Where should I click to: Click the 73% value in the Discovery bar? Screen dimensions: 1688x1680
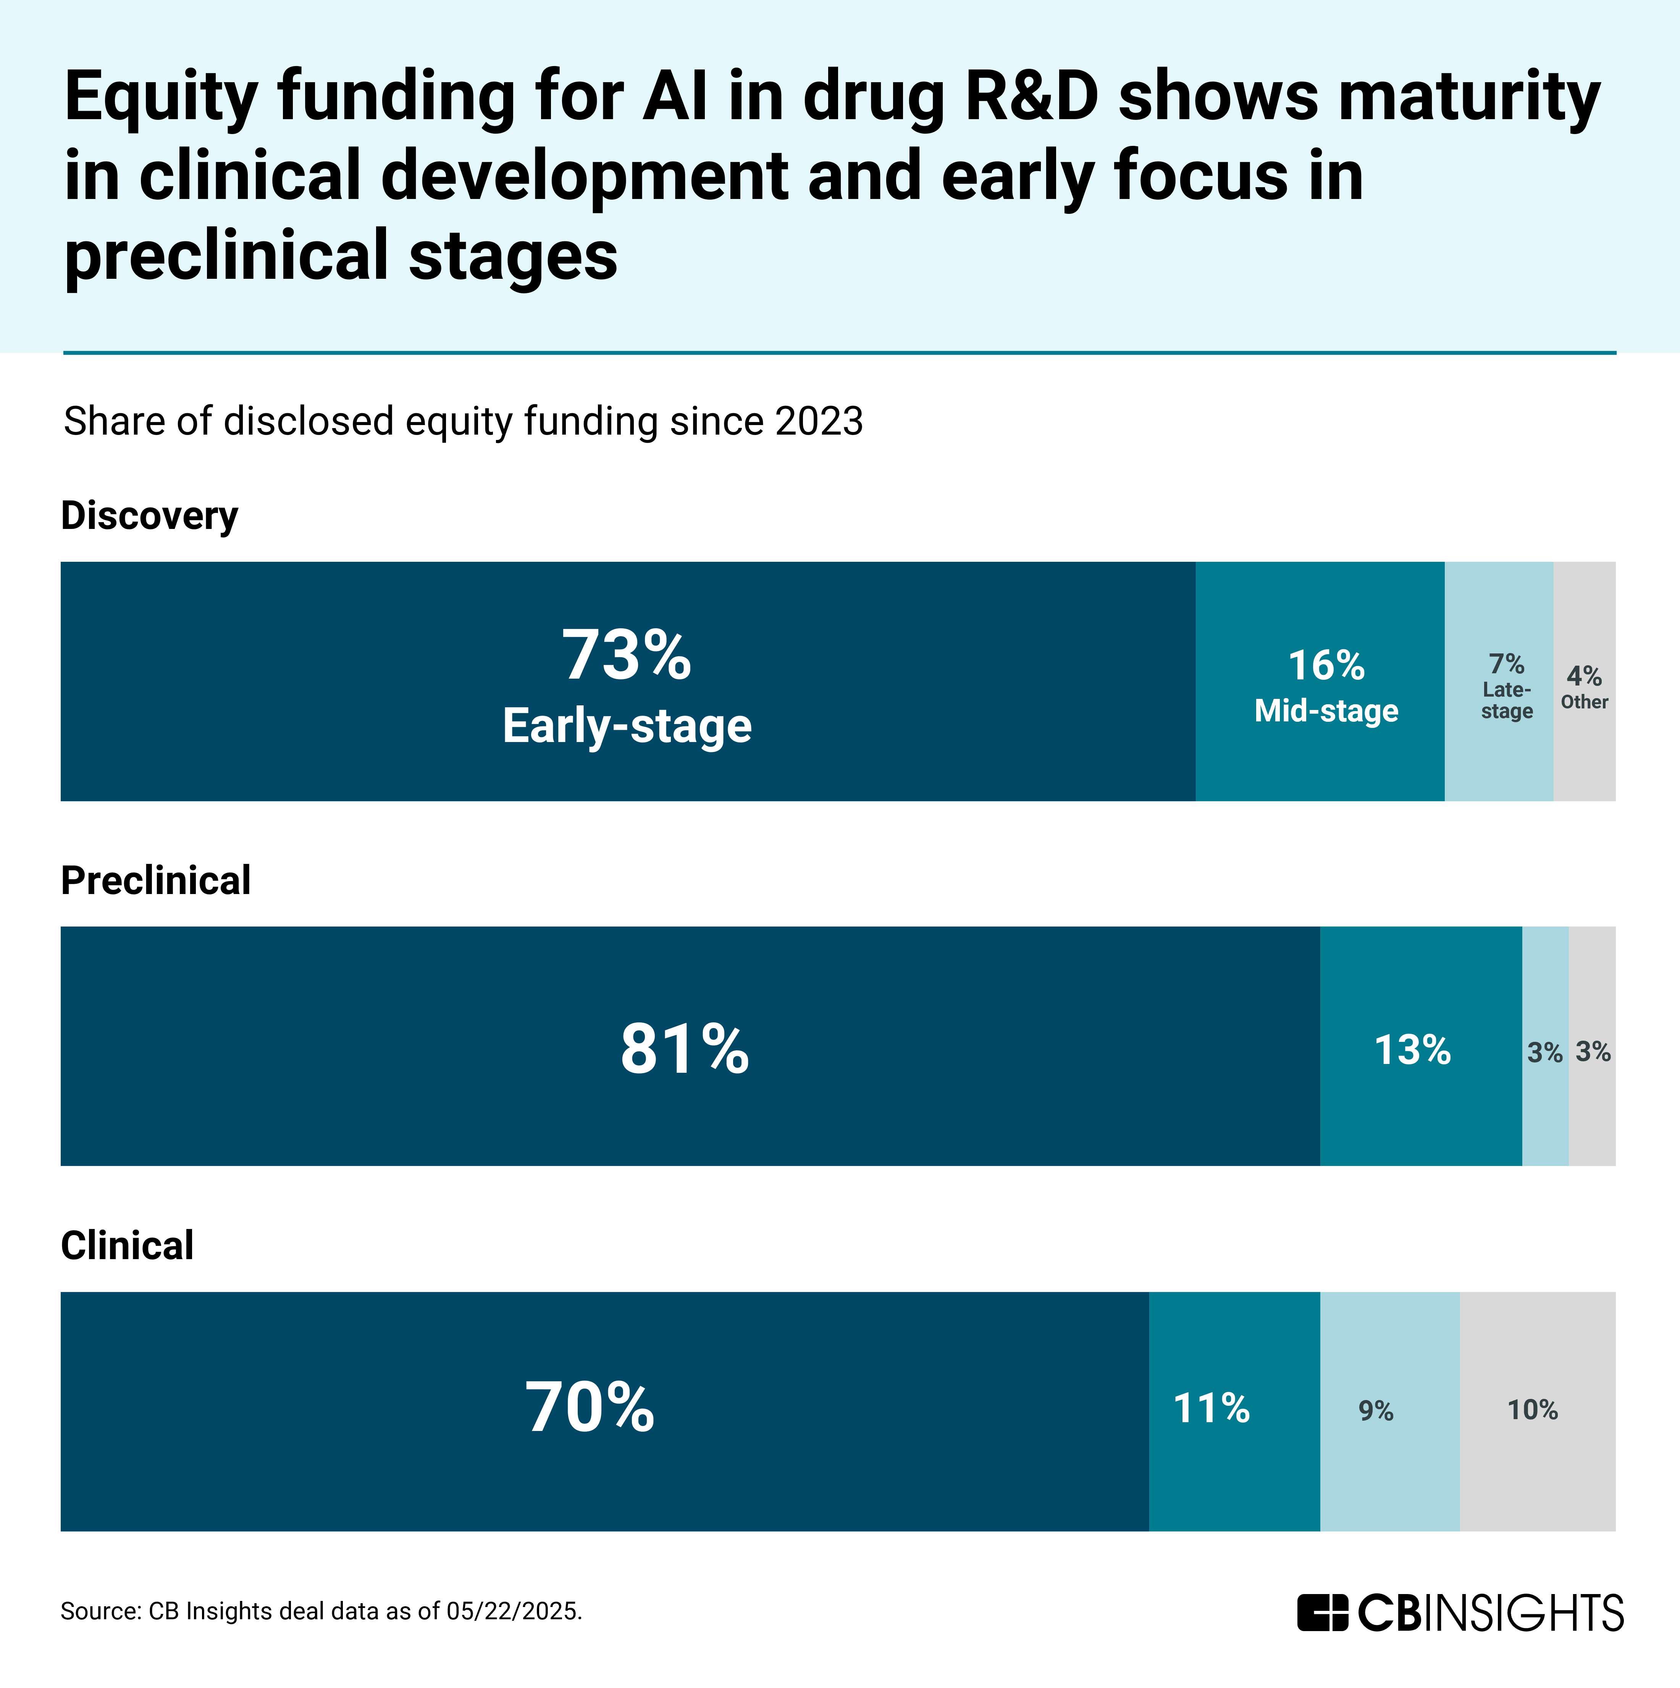click(627, 655)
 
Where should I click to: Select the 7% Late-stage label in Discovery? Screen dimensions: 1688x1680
click(1506, 687)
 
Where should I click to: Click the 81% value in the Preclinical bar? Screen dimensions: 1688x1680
click(684, 1048)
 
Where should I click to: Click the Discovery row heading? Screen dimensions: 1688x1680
click(149, 516)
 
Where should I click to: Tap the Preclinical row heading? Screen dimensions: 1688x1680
click(155, 880)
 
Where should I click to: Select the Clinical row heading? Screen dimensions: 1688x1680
click(128, 1245)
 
